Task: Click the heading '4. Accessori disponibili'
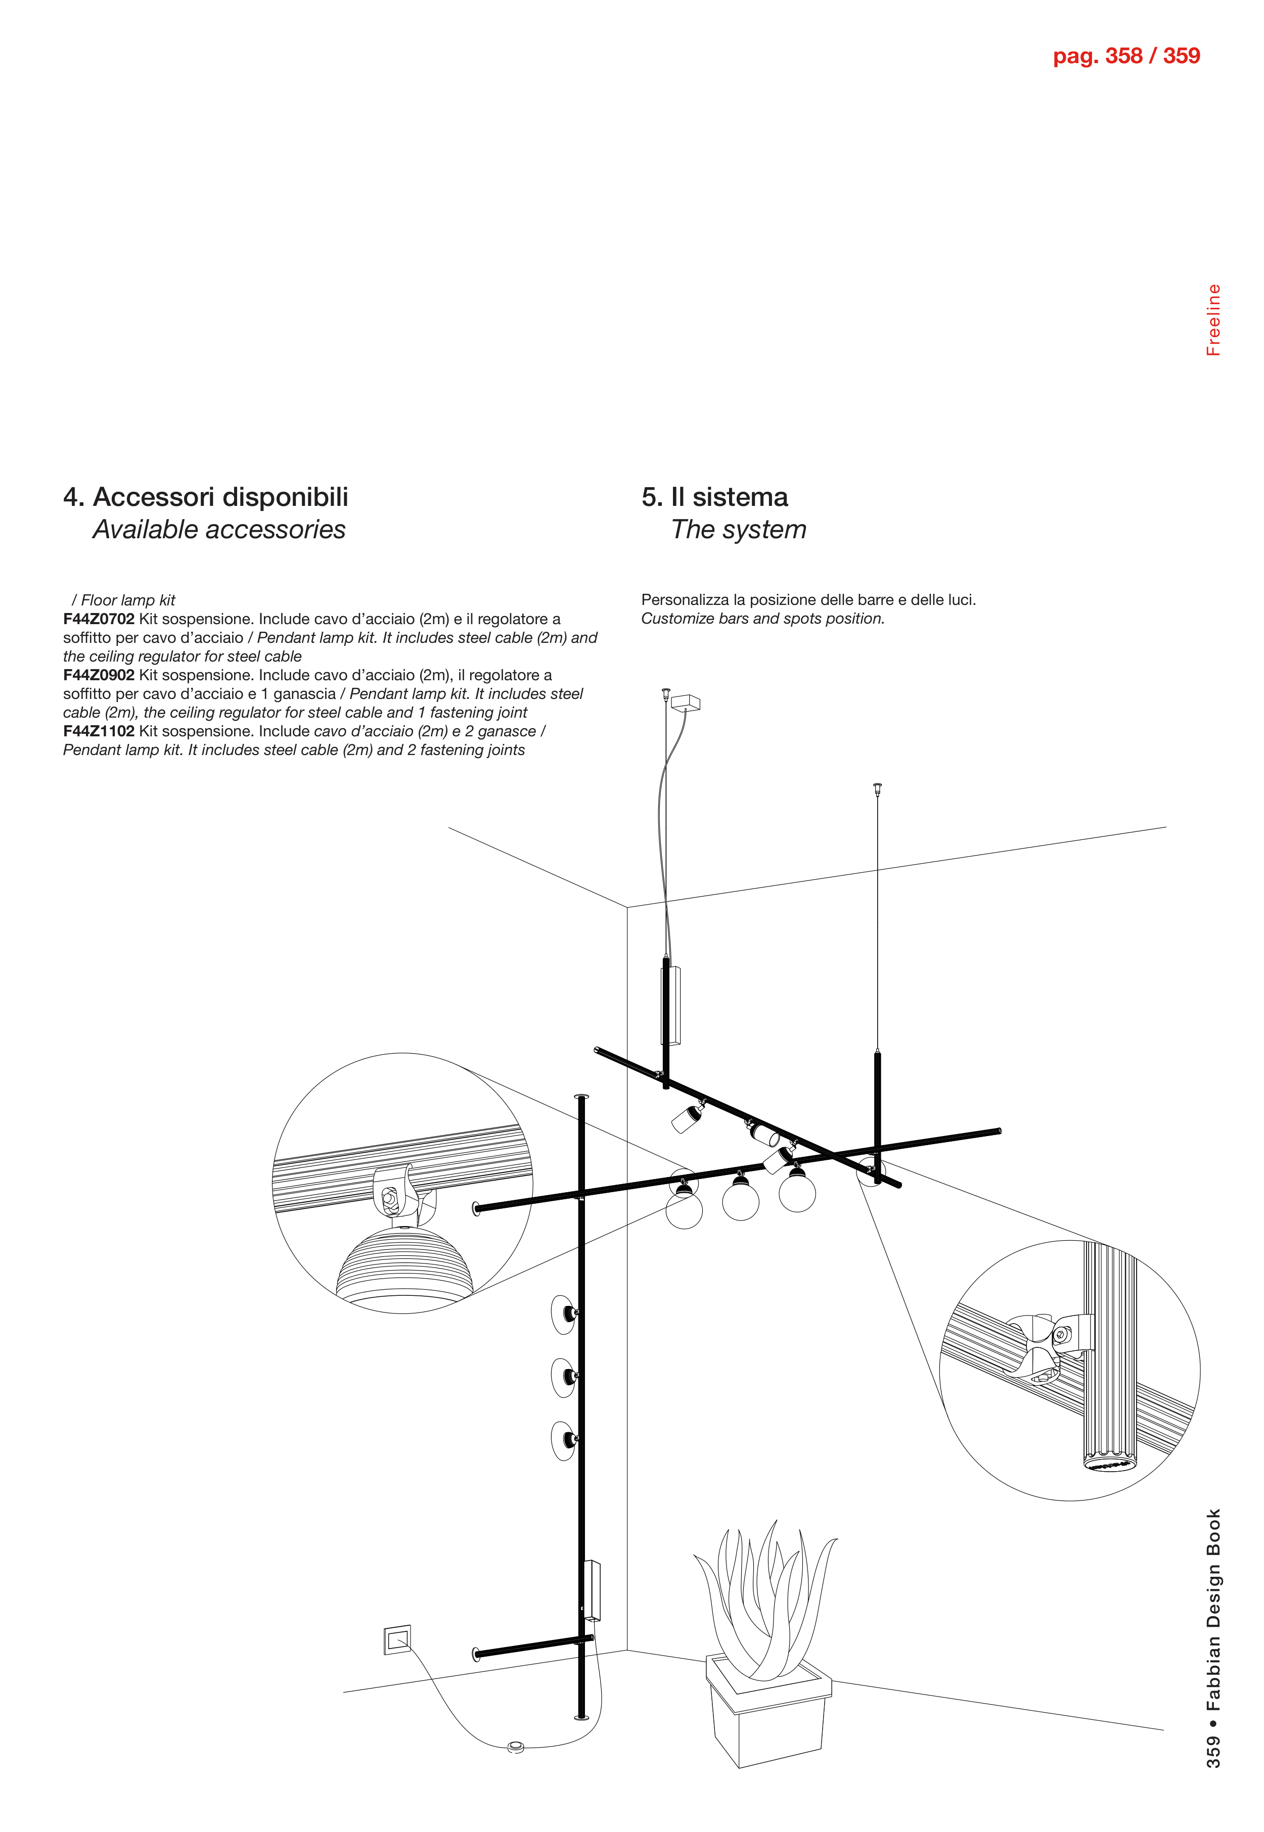pos(206,497)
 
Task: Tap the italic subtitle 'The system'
pos(738,530)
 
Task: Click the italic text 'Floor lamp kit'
pos(127,600)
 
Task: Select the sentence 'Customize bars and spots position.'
pos(762,619)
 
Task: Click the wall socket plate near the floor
pos(397,1639)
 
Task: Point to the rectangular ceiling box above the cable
pos(685,702)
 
